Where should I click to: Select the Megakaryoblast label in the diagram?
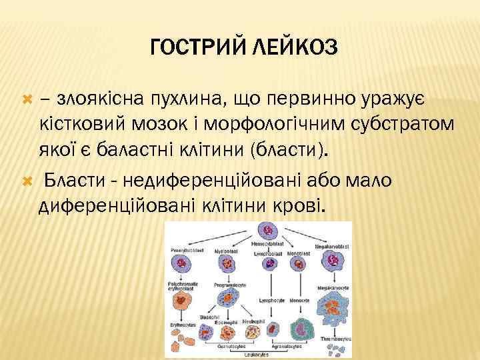point(333,245)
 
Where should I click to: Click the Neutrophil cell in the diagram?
point(252,331)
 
